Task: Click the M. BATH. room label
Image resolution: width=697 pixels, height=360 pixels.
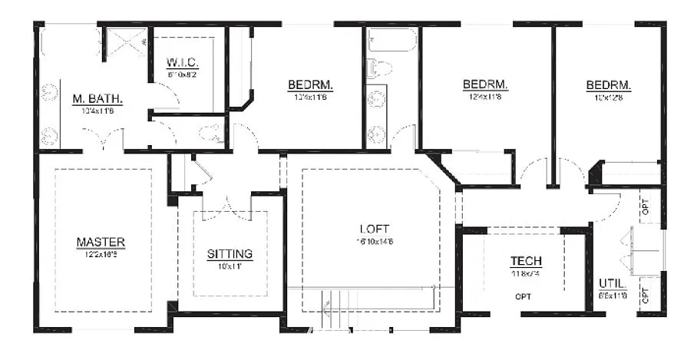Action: coord(97,99)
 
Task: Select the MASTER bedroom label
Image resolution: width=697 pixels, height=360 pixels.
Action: coord(101,243)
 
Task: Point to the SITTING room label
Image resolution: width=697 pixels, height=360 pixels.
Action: coord(230,254)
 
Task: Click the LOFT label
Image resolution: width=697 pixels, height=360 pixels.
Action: coord(374,229)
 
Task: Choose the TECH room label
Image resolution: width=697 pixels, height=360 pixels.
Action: coord(526,262)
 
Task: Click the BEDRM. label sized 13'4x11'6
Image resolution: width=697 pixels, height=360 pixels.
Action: coord(310,84)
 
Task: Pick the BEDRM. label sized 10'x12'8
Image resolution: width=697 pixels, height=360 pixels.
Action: coord(608,84)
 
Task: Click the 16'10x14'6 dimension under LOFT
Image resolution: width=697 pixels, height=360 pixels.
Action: coord(374,241)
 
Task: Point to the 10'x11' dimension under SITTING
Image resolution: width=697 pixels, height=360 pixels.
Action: coord(230,266)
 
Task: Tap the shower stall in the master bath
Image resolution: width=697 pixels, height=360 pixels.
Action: coord(125,41)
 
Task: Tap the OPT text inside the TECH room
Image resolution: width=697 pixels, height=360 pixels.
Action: coord(524,296)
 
